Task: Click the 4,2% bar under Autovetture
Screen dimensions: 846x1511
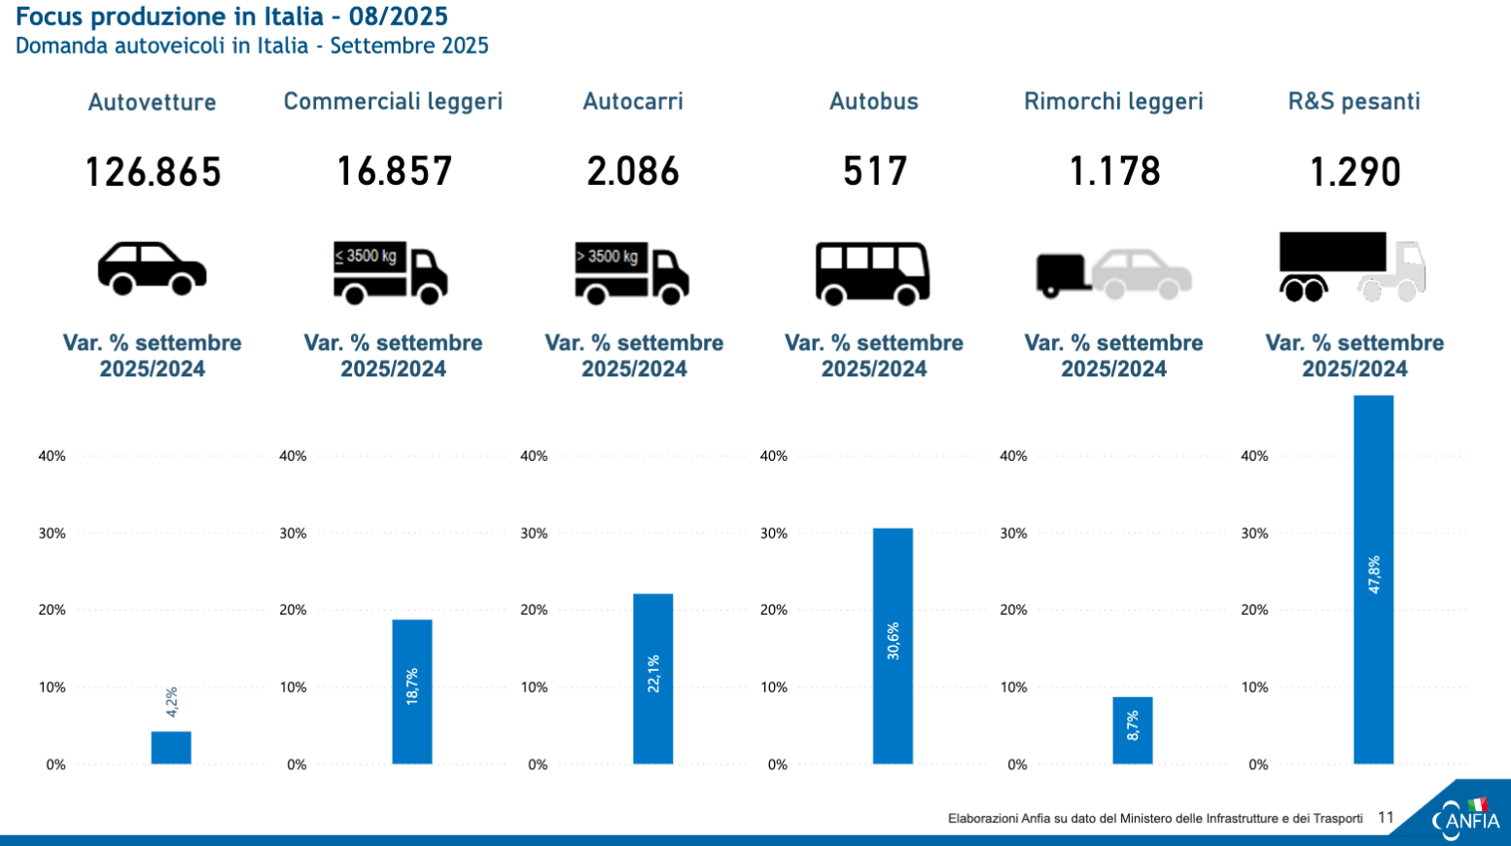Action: click(171, 747)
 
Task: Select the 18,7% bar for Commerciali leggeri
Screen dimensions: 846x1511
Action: click(412, 691)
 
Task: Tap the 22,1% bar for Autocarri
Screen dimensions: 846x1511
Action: click(652, 679)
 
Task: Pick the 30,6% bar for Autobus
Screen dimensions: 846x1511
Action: click(893, 646)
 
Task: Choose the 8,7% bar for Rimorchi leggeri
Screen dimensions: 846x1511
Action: click(1133, 729)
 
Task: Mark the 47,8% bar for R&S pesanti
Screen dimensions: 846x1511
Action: click(1373, 580)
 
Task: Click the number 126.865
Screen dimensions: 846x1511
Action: click(153, 172)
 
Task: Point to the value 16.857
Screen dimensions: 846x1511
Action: click(394, 172)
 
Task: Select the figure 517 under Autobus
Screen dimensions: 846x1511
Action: click(874, 172)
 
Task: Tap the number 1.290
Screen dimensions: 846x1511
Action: click(1354, 172)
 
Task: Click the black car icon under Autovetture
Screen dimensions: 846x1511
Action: click(152, 268)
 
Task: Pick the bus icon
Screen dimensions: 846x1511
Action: click(872, 273)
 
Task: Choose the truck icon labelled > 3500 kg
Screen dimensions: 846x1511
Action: click(632, 272)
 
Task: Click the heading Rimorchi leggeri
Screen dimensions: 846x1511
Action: click(1113, 101)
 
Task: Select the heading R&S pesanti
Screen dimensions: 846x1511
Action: click(1353, 101)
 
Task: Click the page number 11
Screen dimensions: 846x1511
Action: click(1386, 818)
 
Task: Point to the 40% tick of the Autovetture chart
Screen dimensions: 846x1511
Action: click(53, 456)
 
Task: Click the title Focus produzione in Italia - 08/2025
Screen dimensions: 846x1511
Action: click(231, 17)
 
